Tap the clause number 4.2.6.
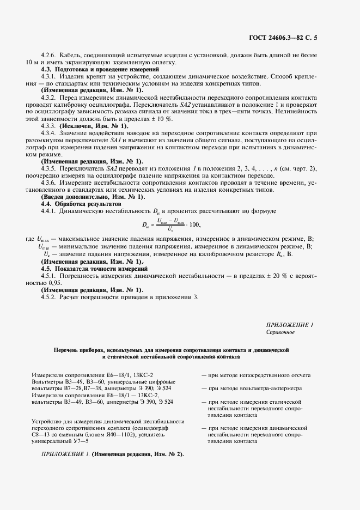[x=50, y=57]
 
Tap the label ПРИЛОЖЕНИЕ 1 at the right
[x=290, y=325]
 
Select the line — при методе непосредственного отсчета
[x=257, y=375]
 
